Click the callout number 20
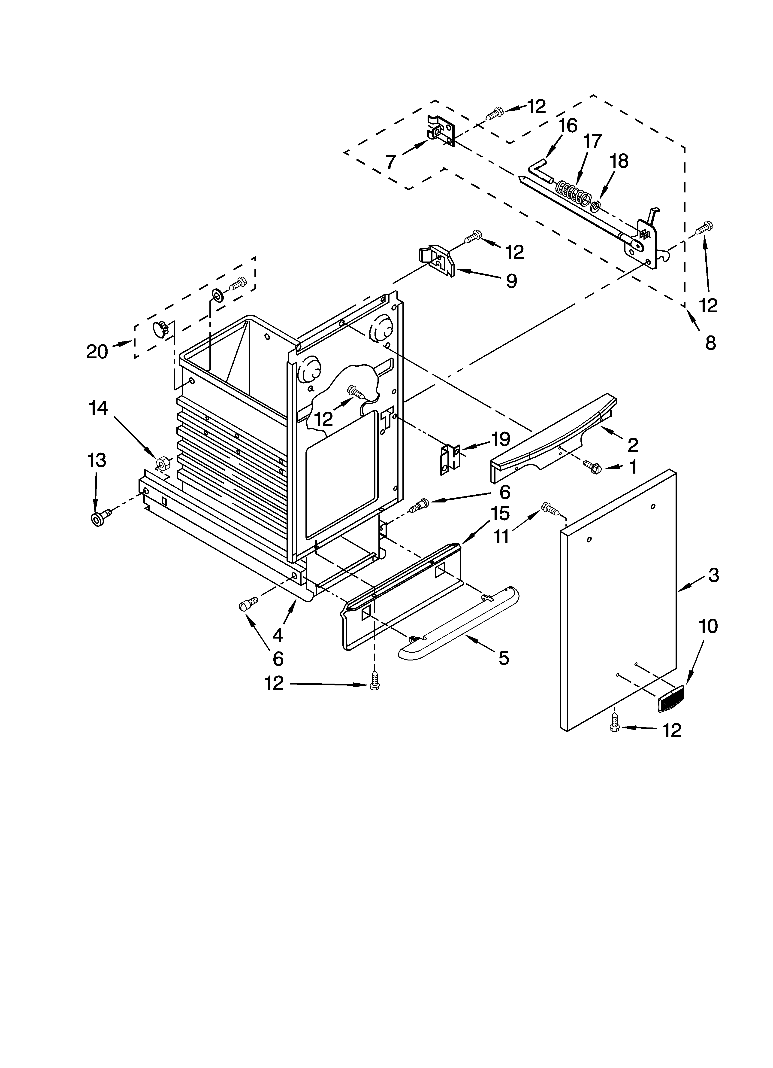pos(97,352)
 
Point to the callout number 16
pos(568,126)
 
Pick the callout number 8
pos(710,343)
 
